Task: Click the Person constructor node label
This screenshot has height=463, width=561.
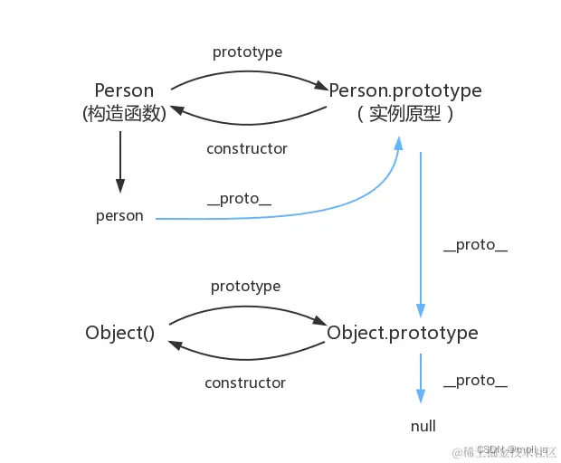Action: pyautogui.click(x=124, y=91)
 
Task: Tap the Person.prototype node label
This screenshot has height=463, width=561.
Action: pyautogui.click(x=404, y=91)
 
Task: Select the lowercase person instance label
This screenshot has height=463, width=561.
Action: pyautogui.click(x=119, y=216)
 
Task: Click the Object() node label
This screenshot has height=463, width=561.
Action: pyautogui.click(x=120, y=332)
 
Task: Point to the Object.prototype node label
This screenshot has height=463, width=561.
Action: pyautogui.click(x=402, y=333)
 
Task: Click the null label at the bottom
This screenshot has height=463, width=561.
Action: pyautogui.click(x=423, y=426)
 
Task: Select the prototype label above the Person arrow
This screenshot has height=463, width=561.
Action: pyautogui.click(x=246, y=52)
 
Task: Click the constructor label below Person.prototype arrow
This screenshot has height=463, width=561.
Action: pyautogui.click(x=246, y=148)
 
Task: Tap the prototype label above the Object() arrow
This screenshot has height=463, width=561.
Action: pyautogui.click(x=245, y=286)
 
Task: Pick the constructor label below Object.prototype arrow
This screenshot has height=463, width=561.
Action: pyautogui.click(x=245, y=383)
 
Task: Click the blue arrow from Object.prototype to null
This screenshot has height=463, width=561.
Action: pyautogui.click(x=421, y=378)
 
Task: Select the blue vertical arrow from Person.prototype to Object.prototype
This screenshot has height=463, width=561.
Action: pyautogui.click(x=421, y=235)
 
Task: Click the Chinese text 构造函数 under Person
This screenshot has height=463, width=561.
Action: pyautogui.click(x=124, y=115)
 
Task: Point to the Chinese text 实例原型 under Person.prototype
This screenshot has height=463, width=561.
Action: pyautogui.click(x=404, y=115)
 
